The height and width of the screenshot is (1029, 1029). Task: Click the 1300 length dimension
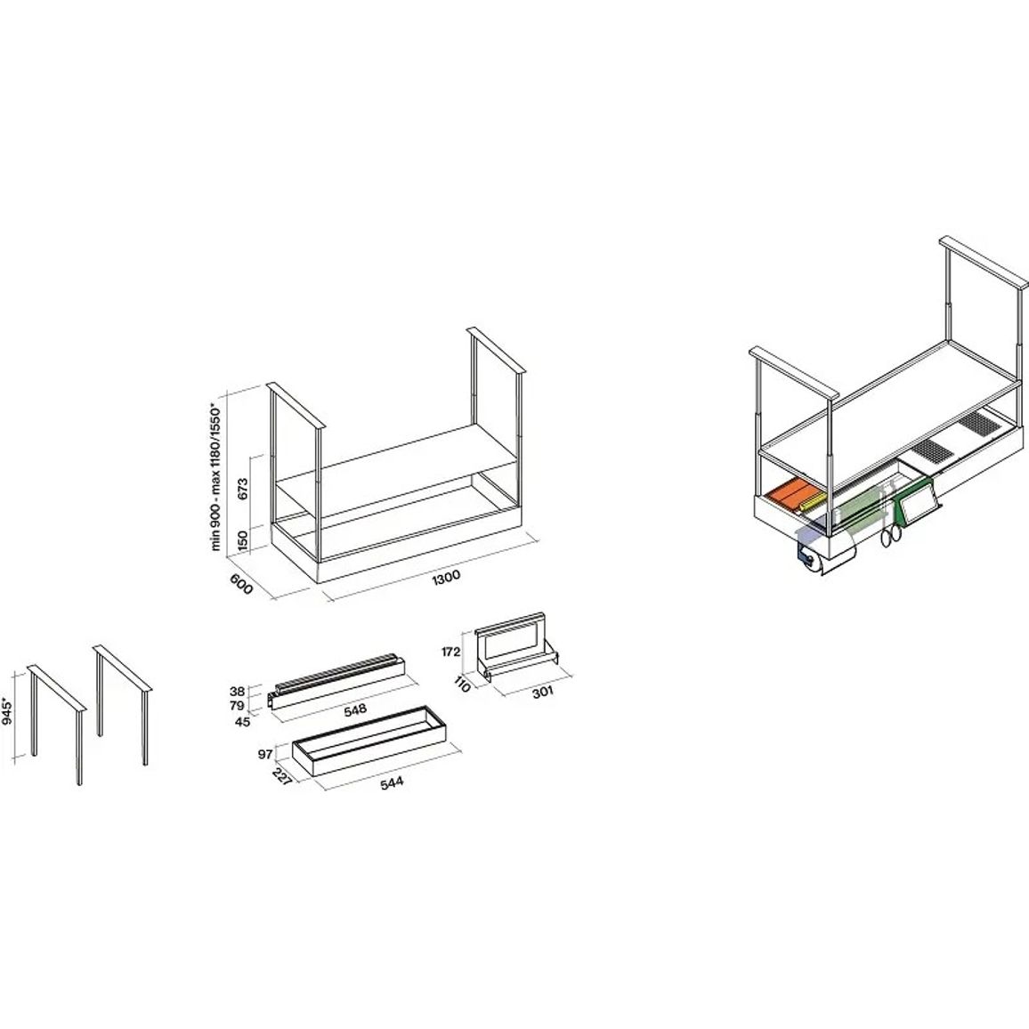pyautogui.click(x=447, y=577)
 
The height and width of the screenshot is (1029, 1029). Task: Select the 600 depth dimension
pyautogui.click(x=241, y=583)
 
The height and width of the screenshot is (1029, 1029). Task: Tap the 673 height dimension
pyautogui.click(x=243, y=490)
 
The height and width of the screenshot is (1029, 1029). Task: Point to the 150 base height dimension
pyautogui.click(x=243, y=540)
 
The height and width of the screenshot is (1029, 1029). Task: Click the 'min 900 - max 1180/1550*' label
pyautogui.click(x=216, y=476)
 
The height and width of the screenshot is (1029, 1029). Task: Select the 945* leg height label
pyautogui.click(x=7, y=710)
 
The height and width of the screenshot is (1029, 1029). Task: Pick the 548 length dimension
pyautogui.click(x=355, y=709)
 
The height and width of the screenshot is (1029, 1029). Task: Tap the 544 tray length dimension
pyautogui.click(x=392, y=782)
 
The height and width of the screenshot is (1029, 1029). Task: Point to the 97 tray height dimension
pyautogui.click(x=265, y=755)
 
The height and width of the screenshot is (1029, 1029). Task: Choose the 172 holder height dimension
pyautogui.click(x=450, y=652)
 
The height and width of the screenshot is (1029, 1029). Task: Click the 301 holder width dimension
pyautogui.click(x=543, y=692)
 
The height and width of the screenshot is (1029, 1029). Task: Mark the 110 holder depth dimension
pyautogui.click(x=462, y=685)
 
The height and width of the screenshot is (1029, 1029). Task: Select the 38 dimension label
pyautogui.click(x=237, y=691)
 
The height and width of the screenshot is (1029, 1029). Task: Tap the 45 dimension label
pyautogui.click(x=242, y=722)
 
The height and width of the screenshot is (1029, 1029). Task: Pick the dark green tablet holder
pyautogui.click(x=913, y=502)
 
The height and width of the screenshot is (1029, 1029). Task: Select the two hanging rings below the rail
pyautogui.click(x=890, y=536)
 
